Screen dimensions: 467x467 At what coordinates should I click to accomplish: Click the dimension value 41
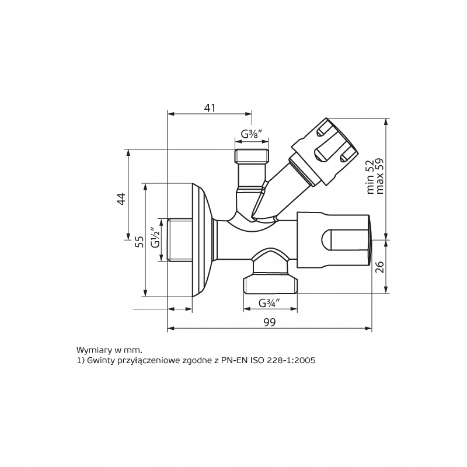(x=210, y=108)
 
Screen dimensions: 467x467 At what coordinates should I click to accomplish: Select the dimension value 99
(x=269, y=322)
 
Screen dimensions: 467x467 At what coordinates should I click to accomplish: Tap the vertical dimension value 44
(x=121, y=198)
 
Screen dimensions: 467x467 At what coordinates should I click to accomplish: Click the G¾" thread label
(x=270, y=303)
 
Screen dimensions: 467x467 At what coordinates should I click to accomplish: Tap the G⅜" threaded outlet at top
(x=252, y=156)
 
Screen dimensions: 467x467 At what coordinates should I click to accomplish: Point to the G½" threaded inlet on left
(x=178, y=240)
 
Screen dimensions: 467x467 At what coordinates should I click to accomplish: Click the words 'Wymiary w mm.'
(x=104, y=350)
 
